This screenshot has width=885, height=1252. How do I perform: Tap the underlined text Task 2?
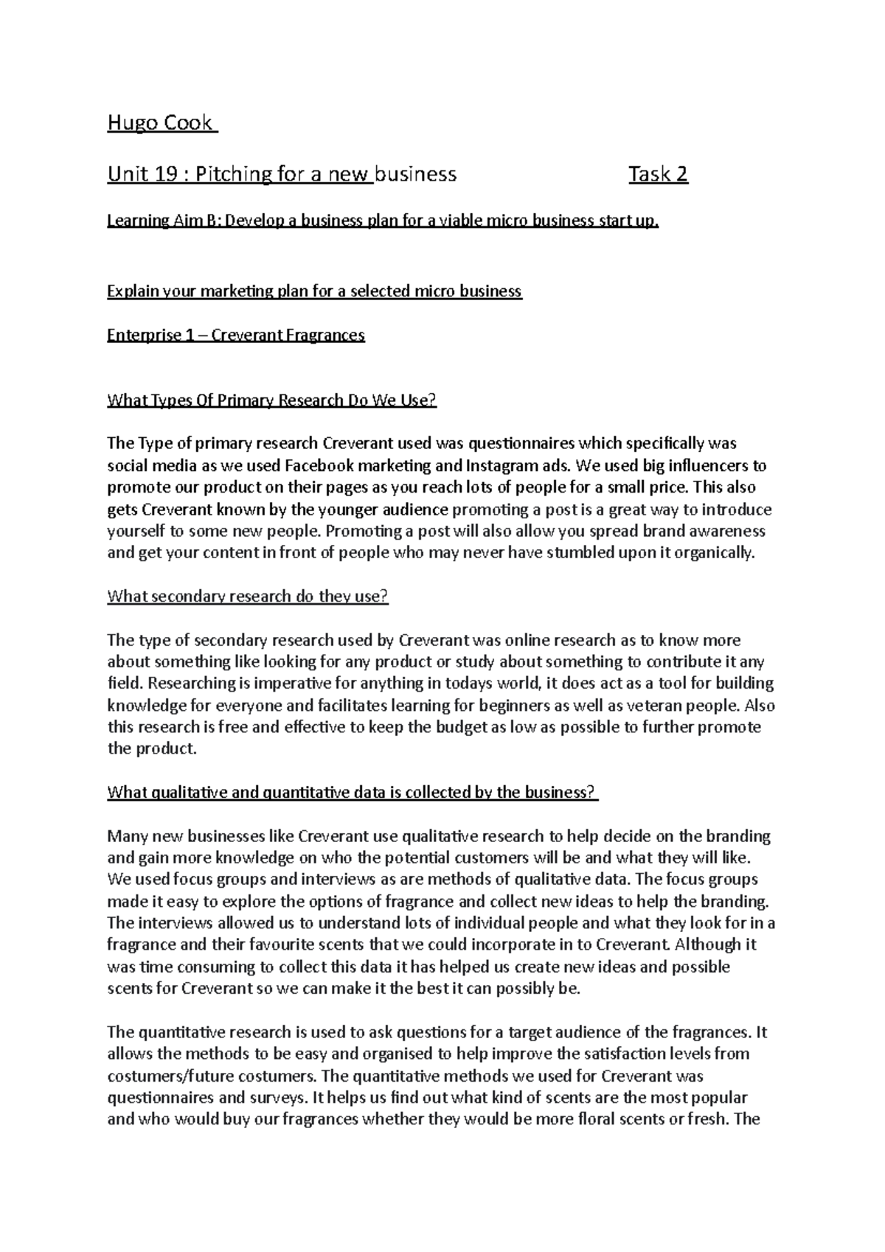coord(658,175)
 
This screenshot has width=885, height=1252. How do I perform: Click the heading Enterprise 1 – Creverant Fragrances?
coord(236,335)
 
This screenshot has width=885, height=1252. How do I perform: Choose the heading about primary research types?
coord(272,401)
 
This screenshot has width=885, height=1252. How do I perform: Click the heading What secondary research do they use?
coord(247,597)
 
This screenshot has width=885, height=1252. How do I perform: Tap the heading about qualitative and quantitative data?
coord(353,793)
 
